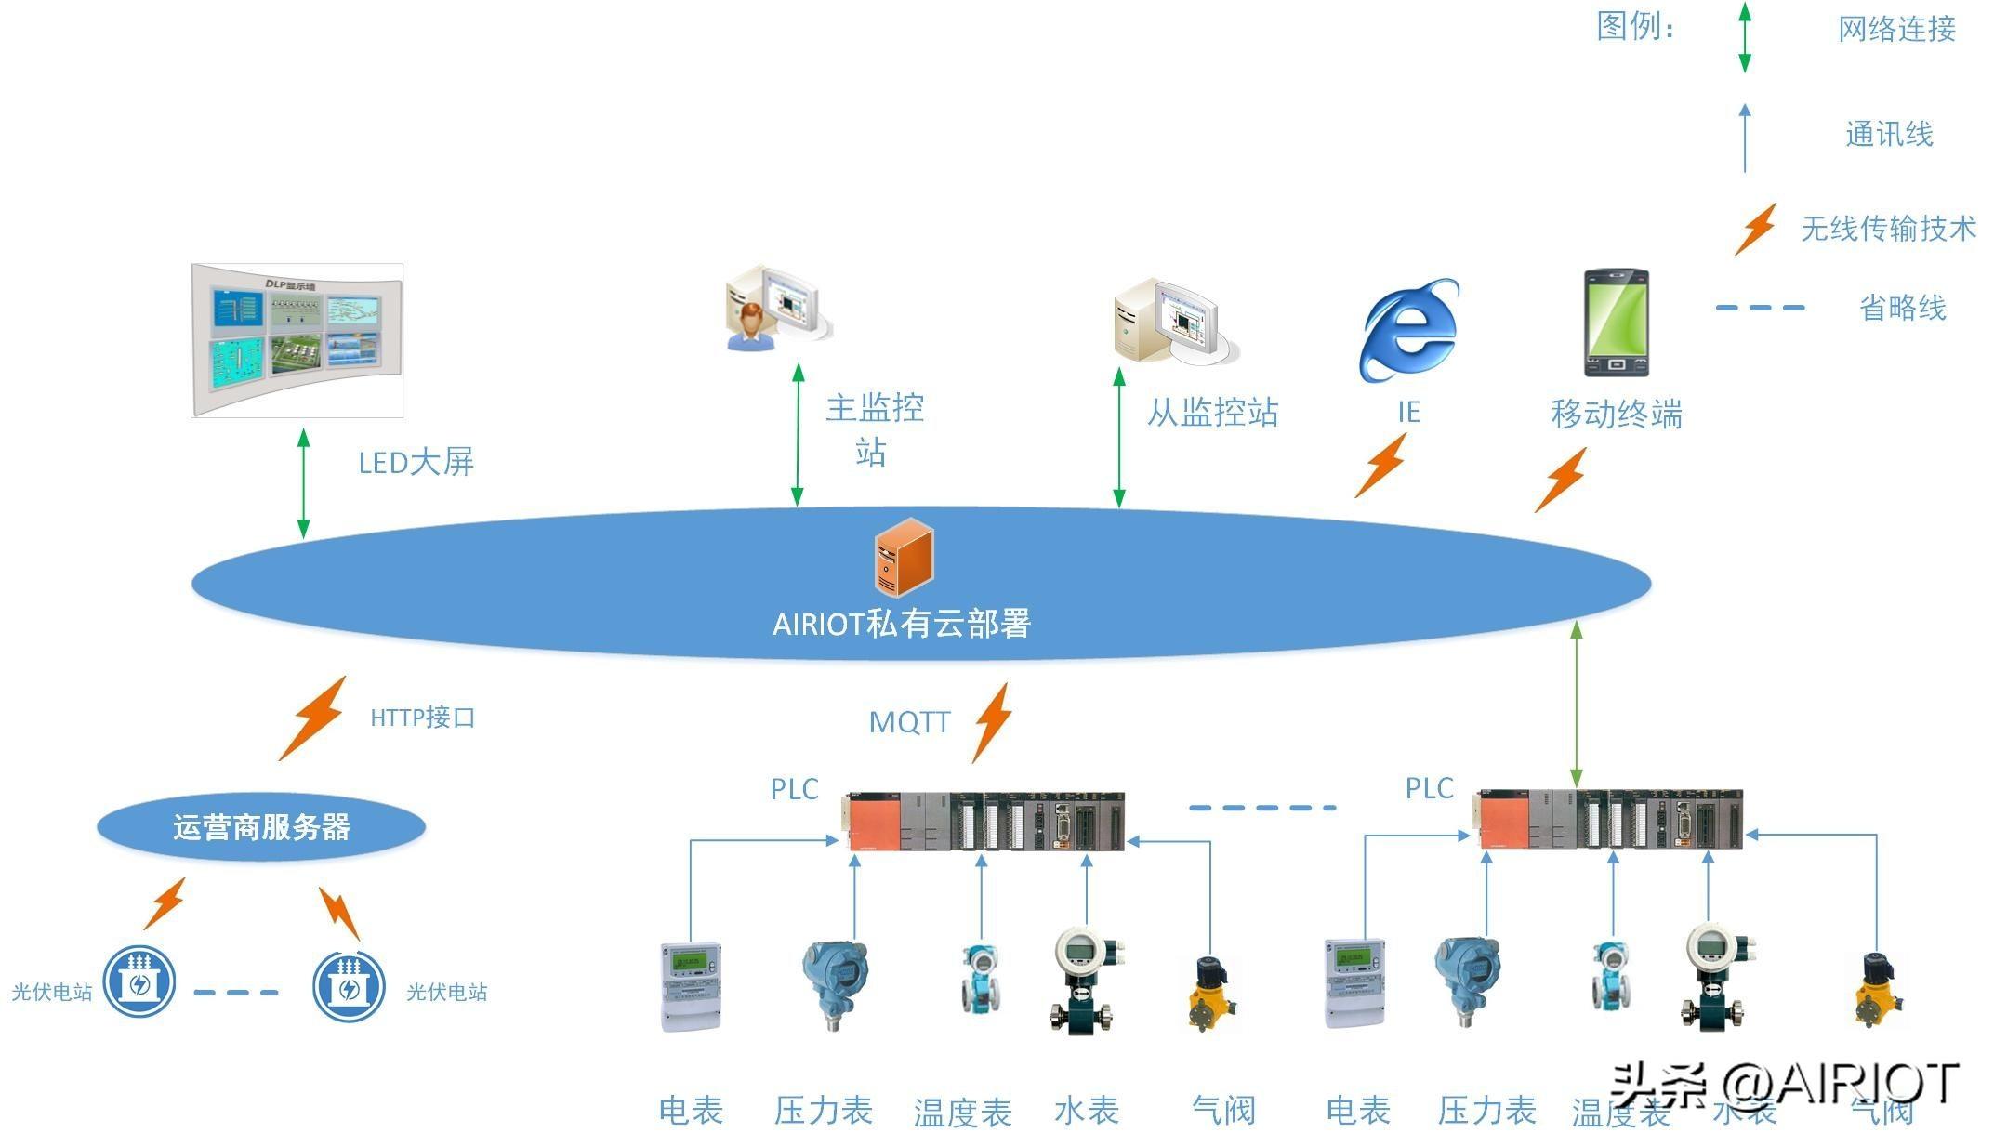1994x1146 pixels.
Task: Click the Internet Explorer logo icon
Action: [1408, 330]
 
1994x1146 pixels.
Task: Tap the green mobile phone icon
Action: [1616, 323]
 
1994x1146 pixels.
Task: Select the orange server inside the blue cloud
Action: [904, 557]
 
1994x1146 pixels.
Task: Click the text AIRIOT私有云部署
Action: [902, 624]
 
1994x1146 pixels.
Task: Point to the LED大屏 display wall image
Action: [297, 340]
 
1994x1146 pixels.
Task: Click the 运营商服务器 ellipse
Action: [261, 826]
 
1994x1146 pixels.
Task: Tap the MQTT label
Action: [909, 722]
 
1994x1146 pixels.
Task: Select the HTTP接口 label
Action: [423, 718]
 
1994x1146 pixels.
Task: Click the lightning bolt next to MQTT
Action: [993, 722]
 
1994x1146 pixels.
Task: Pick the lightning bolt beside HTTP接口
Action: [314, 718]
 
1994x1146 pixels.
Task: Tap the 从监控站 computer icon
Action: [1174, 321]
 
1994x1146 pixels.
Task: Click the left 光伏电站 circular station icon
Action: [139, 981]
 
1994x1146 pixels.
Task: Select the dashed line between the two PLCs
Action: [1262, 808]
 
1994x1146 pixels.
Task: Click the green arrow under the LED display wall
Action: [303, 483]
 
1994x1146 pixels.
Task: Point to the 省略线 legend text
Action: [1902, 308]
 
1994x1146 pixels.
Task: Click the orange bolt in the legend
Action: [1756, 229]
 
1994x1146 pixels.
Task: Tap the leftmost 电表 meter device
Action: [691, 986]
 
